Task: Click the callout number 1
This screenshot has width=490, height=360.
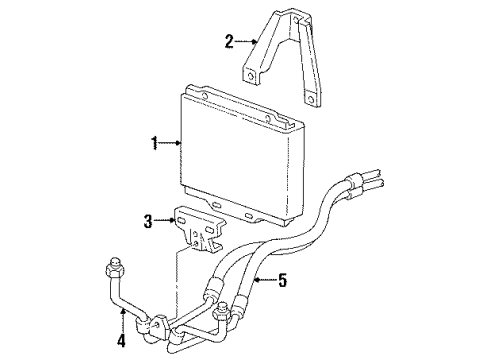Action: point(155,144)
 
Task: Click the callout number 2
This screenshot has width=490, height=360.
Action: point(229,41)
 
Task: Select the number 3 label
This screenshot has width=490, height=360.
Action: point(147,219)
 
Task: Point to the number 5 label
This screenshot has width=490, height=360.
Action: point(282,280)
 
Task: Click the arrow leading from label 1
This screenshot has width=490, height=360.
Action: point(170,144)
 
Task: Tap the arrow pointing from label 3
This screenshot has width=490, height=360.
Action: point(162,219)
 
